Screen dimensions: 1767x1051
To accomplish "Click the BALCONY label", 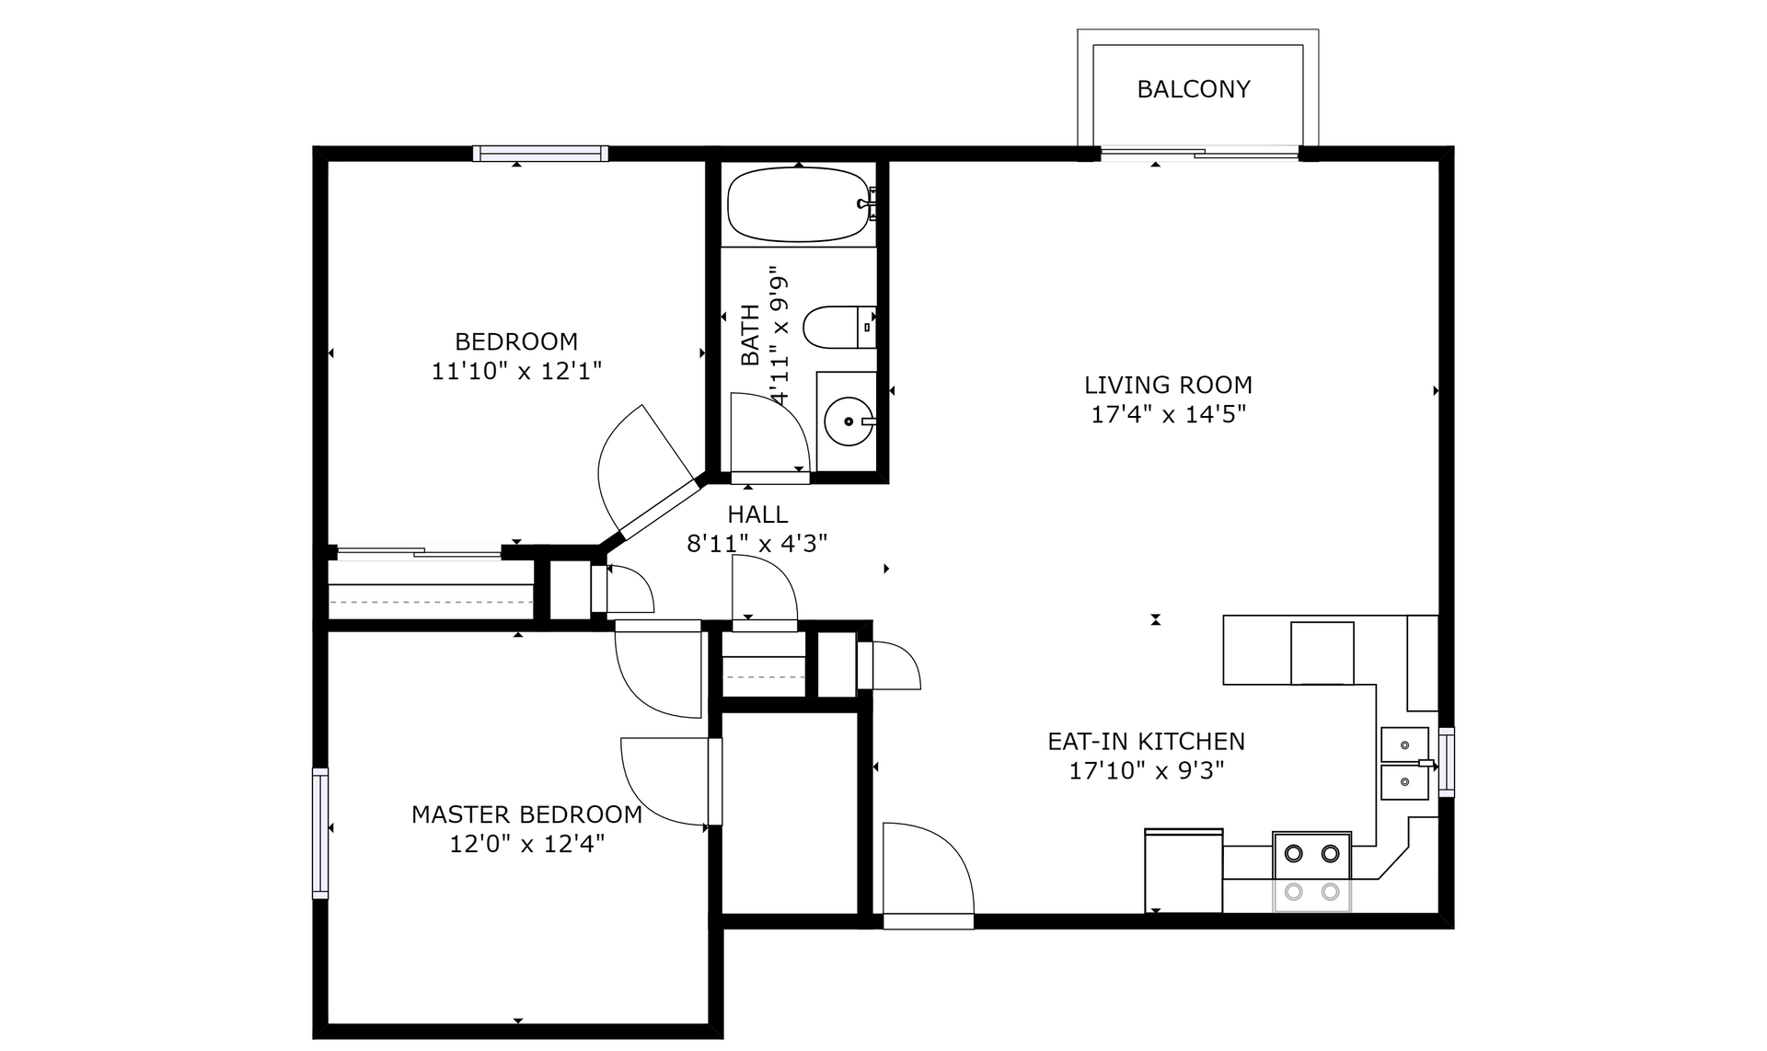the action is [x=1194, y=89].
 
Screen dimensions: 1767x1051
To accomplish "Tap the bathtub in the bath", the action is [x=798, y=204].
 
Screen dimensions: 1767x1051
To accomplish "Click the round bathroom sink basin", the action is [x=848, y=422].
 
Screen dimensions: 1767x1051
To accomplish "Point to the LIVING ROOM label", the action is [x=1168, y=385].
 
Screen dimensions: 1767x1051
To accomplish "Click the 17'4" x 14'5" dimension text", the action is [x=1168, y=414].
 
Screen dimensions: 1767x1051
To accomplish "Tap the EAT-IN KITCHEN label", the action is [x=1147, y=741].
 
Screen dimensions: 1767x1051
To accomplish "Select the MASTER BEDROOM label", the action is [x=526, y=814].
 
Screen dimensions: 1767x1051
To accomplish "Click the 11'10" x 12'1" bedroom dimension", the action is [x=516, y=371].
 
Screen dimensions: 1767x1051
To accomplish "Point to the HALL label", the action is [x=757, y=514].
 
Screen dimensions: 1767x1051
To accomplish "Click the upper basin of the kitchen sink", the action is [x=1405, y=744].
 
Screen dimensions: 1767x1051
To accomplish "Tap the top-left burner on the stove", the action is [x=1293, y=854].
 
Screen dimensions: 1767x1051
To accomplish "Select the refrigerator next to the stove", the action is [x=1184, y=871].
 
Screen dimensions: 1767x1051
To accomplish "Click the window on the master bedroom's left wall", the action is [x=320, y=833].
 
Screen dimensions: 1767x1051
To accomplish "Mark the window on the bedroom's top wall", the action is [x=540, y=154].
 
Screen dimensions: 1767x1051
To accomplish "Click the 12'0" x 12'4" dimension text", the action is [x=526, y=844].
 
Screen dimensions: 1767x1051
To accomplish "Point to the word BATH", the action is [x=751, y=335].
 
